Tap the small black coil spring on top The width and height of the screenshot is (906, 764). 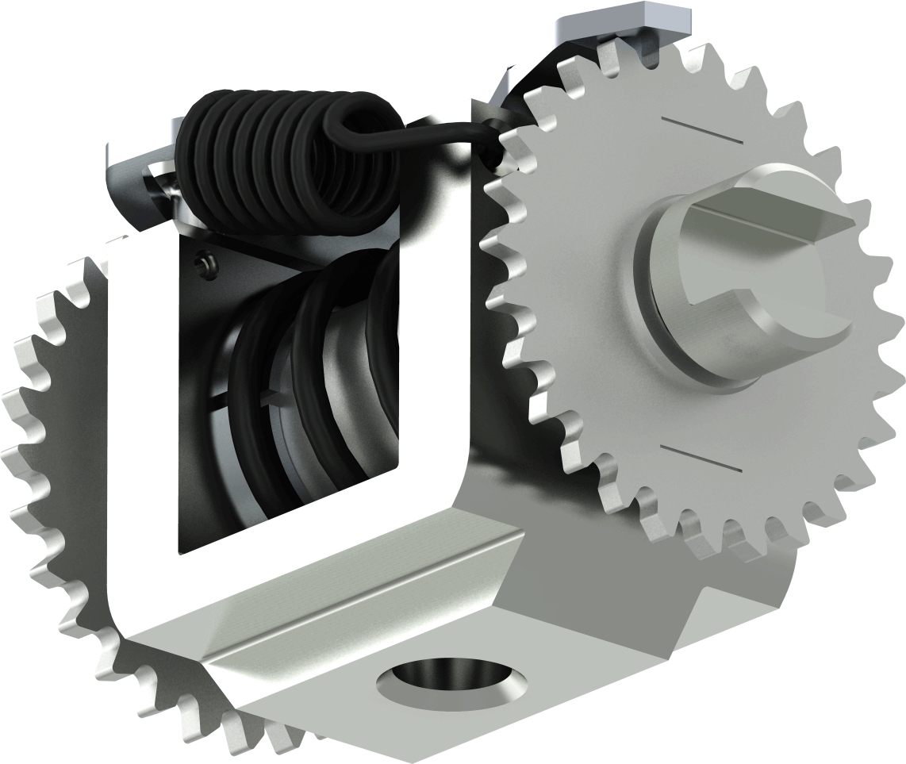[x=270, y=159]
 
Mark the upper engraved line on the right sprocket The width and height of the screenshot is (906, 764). [x=702, y=131]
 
